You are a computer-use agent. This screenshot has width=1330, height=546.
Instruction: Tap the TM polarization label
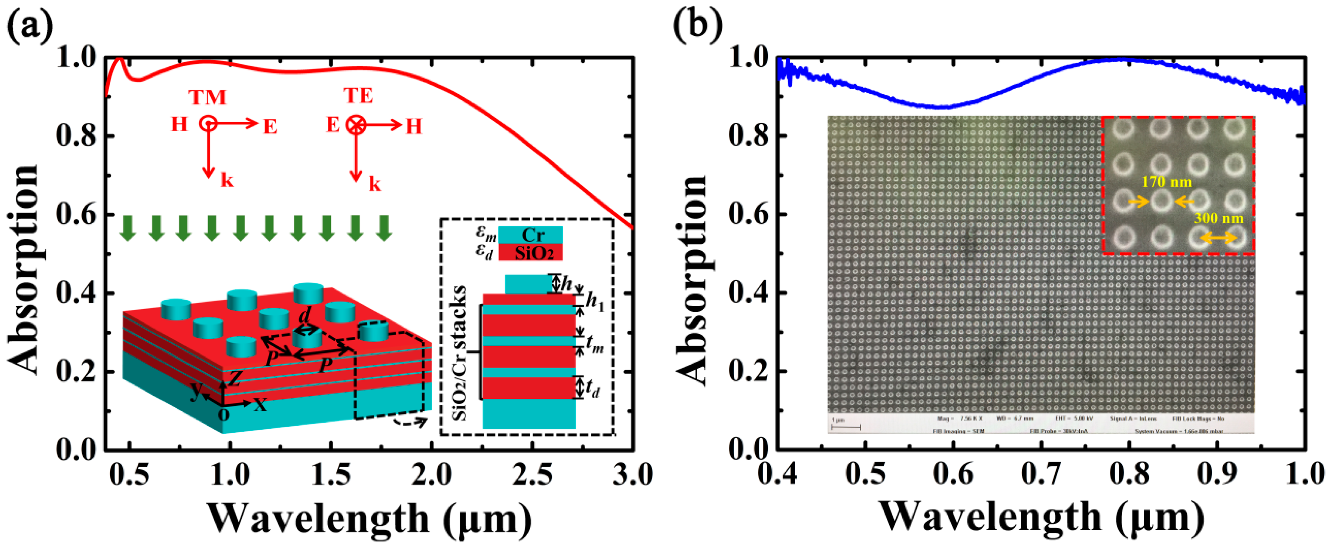pyautogui.click(x=207, y=97)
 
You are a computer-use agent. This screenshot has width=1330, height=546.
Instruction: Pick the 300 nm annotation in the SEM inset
pyautogui.click(x=1218, y=218)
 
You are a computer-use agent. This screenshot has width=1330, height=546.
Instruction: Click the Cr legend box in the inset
pyautogui.click(x=531, y=235)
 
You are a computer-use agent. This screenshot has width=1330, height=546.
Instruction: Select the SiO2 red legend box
pyautogui.click(x=531, y=252)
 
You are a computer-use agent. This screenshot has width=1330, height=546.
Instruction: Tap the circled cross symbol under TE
pyautogui.click(x=356, y=125)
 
